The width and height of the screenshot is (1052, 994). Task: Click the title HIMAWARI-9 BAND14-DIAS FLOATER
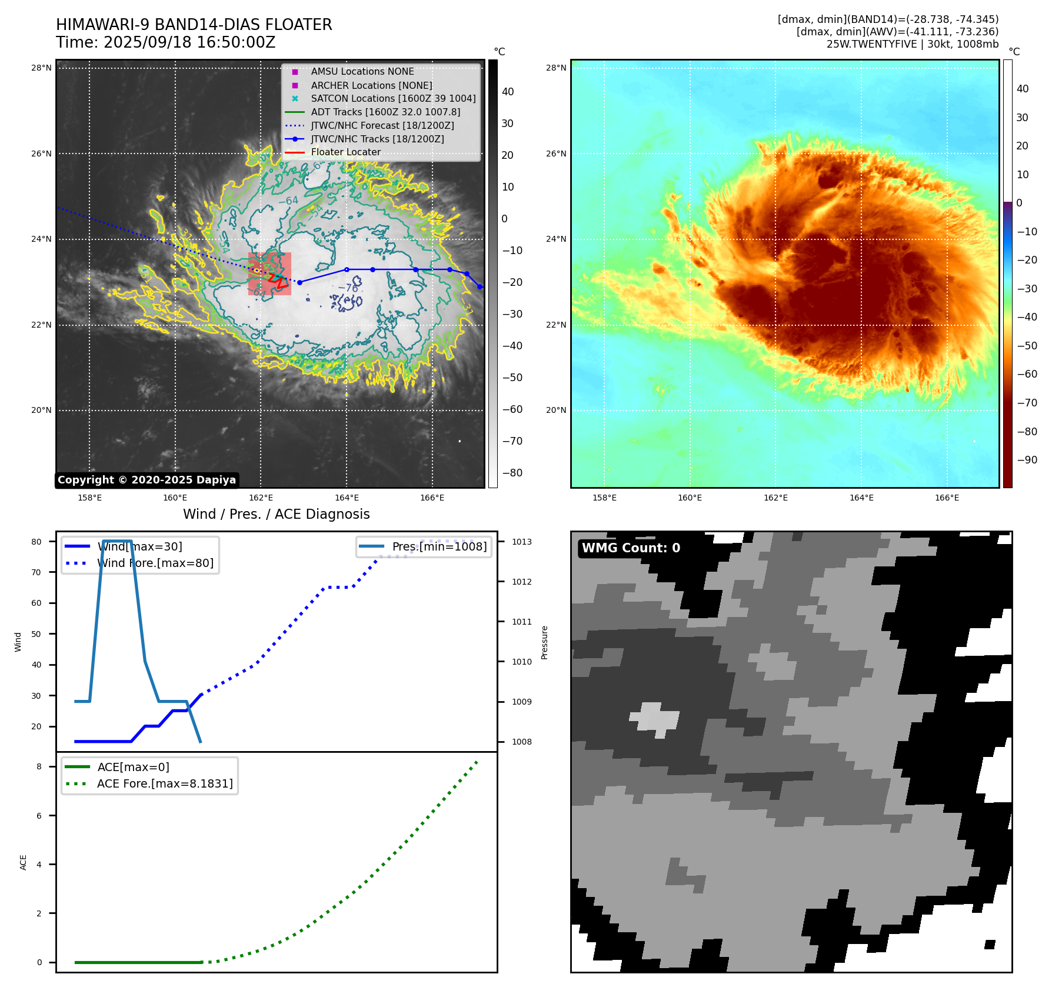click(194, 25)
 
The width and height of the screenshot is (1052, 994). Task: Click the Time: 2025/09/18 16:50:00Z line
click(165, 42)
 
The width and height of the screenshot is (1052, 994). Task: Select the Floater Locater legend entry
click(345, 152)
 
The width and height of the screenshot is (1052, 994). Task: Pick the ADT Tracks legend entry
click(385, 112)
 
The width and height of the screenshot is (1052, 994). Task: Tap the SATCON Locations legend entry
click(393, 98)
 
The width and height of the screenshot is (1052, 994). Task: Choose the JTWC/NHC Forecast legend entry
click(382, 125)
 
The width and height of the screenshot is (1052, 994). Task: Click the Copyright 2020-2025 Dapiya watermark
click(147, 480)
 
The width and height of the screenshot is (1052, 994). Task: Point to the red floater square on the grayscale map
click(269, 273)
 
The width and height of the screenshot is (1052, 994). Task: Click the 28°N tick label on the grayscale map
click(41, 68)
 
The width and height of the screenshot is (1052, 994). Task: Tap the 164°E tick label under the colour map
click(861, 498)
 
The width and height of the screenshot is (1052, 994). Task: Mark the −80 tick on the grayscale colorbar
click(512, 473)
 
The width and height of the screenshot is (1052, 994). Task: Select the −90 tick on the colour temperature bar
click(1027, 460)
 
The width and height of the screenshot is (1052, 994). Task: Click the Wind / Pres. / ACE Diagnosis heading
click(276, 514)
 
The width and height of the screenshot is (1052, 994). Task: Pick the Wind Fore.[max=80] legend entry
click(155, 563)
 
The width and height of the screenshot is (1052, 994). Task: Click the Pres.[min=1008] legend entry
click(439, 546)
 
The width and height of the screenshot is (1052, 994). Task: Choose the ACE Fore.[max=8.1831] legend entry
click(165, 783)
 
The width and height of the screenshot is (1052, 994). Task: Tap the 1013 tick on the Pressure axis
click(521, 542)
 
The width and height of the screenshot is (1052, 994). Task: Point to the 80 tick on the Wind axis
click(36, 542)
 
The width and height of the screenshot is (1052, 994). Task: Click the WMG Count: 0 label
click(631, 548)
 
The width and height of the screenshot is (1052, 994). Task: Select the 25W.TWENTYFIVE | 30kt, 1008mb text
click(912, 44)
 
